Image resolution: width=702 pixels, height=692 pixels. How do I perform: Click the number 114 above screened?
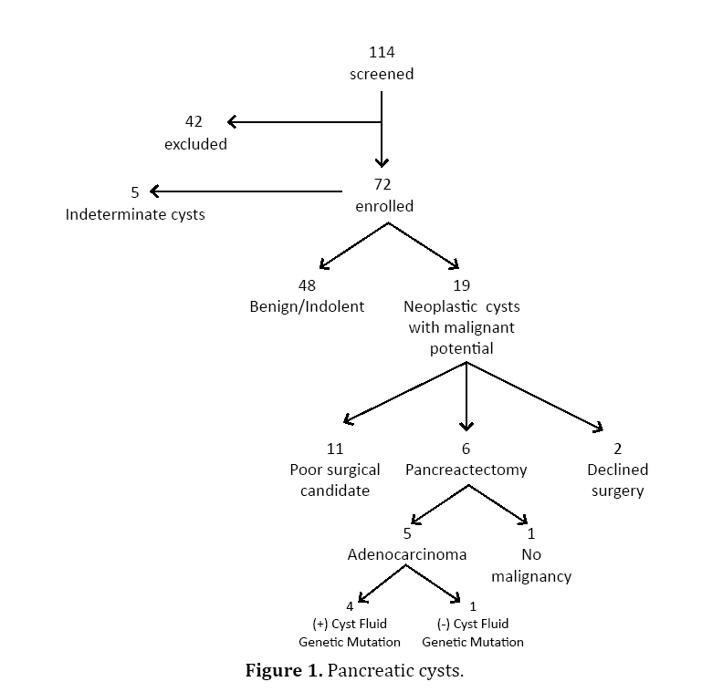(382, 52)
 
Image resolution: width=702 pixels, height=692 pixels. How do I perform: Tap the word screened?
(382, 74)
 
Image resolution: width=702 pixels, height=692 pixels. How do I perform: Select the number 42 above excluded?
(194, 122)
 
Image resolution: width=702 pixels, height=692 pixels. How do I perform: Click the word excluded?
(195, 144)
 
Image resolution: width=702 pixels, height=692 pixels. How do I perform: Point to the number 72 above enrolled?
(383, 184)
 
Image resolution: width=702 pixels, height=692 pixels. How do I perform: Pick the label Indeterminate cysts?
(135, 215)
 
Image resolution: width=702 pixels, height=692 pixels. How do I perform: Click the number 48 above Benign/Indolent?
(307, 285)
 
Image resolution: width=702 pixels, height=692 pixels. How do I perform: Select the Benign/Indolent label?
(307, 306)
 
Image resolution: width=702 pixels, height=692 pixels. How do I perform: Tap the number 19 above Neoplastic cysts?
(461, 285)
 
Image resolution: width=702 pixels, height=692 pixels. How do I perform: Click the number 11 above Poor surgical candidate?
(335, 448)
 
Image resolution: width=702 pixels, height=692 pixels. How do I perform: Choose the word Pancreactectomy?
(466, 470)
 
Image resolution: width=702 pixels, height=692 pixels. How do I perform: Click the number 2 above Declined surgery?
(618, 448)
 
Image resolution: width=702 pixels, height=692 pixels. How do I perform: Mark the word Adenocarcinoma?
(407, 554)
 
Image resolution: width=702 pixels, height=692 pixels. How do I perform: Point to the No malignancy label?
(531, 565)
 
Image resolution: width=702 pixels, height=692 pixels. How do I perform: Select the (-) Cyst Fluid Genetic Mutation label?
(473, 633)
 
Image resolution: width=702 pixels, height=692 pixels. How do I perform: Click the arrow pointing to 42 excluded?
(301, 122)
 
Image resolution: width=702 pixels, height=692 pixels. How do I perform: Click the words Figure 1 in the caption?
(284, 672)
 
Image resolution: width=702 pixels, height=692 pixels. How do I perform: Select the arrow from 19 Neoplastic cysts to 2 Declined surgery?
(535, 396)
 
